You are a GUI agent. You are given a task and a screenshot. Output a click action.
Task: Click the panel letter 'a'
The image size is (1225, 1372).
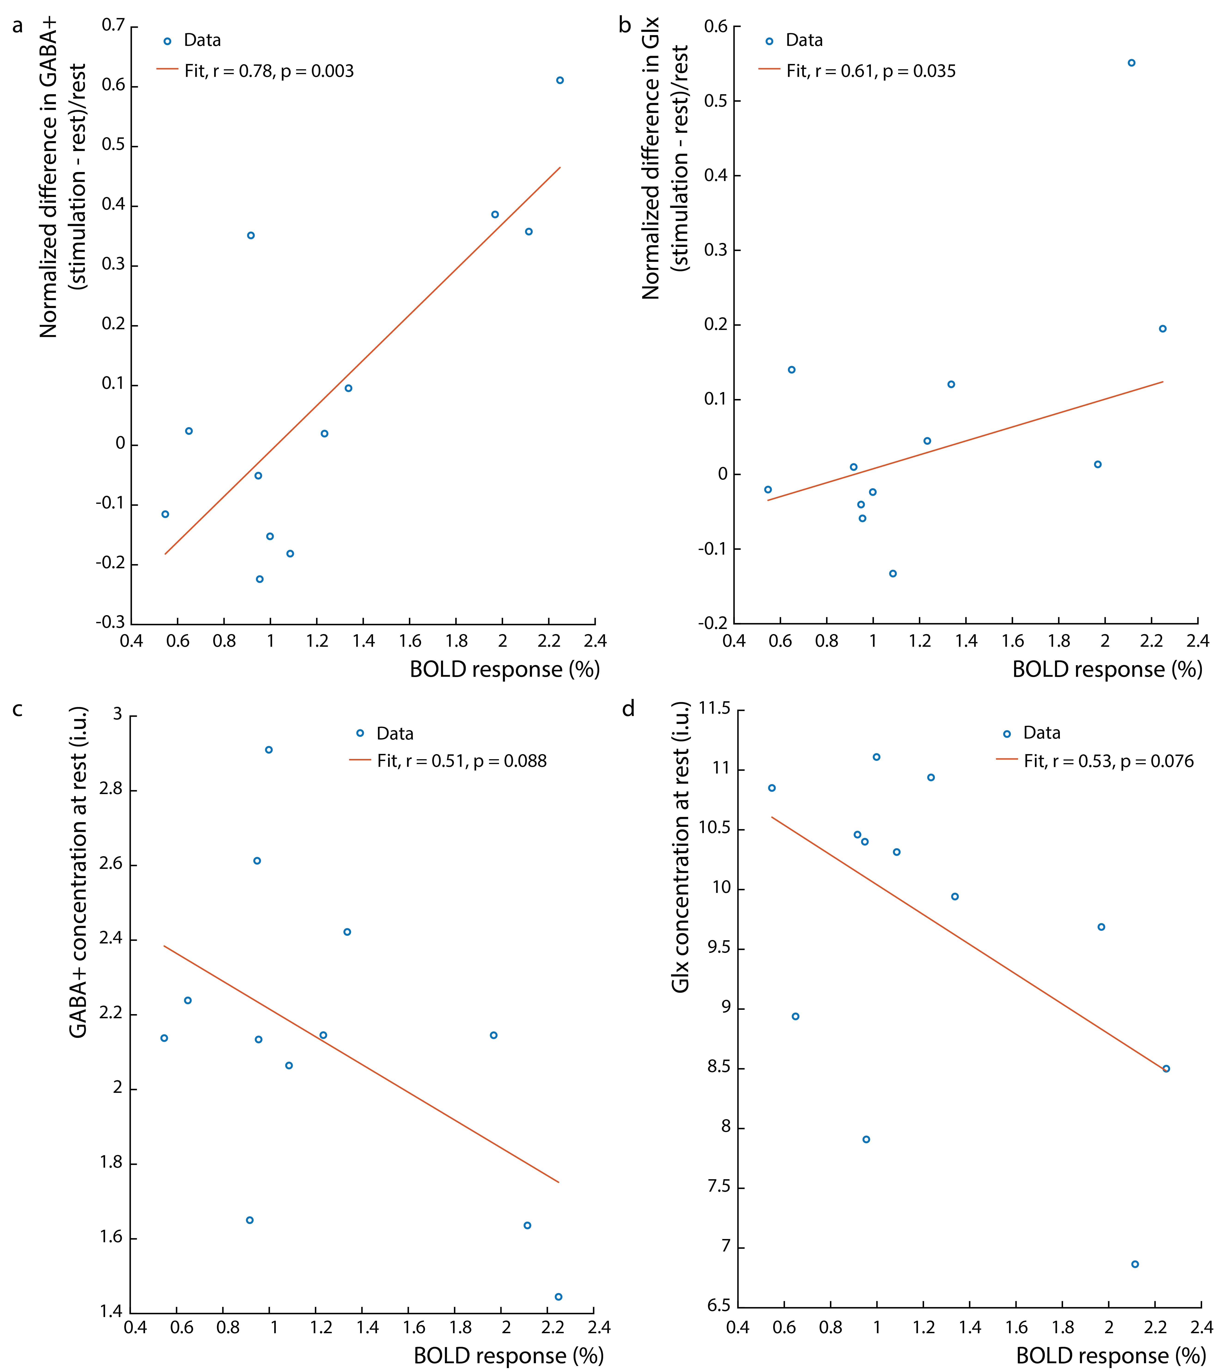(18, 26)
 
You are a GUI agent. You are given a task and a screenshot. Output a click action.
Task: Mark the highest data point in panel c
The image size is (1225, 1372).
(269, 749)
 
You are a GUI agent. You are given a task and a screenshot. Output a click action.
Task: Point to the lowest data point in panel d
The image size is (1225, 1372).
(1135, 1264)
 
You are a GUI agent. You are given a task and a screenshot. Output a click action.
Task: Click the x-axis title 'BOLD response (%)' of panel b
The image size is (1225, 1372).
(1107, 670)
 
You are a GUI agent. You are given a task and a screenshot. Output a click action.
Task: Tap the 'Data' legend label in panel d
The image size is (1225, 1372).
(1041, 733)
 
